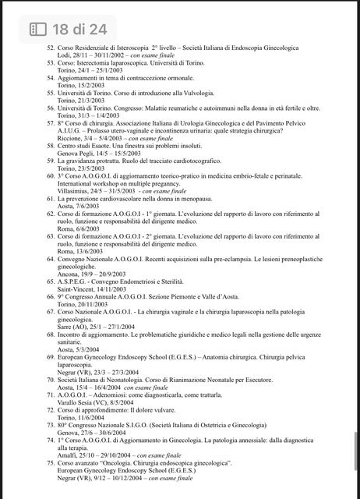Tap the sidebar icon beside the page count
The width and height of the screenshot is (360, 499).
[x=38, y=30]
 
